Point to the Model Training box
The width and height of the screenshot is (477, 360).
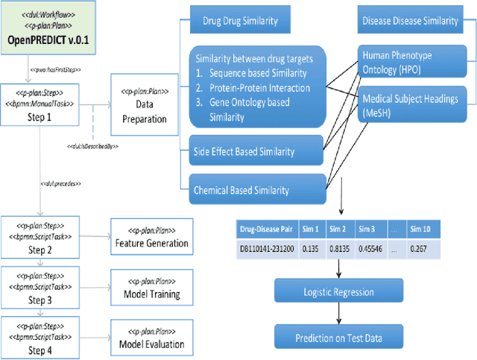tap(151, 288)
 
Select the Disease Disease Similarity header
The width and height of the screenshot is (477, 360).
tap(410, 20)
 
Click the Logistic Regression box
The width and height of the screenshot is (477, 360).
tap(339, 292)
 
